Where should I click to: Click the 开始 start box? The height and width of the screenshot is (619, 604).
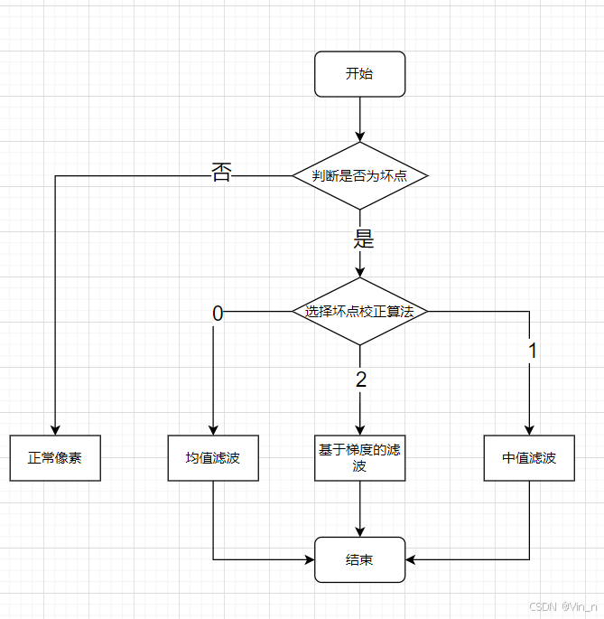(359, 74)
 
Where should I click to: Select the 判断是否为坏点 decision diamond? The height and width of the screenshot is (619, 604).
(359, 176)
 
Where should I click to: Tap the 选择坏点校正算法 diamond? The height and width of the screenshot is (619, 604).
(359, 312)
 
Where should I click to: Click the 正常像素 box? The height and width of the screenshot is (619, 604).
(55, 458)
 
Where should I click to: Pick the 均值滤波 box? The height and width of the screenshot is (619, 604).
(213, 458)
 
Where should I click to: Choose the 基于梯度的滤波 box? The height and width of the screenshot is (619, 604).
(359, 458)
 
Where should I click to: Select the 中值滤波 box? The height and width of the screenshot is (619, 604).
(529, 458)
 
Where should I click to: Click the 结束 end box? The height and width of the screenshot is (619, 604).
(359, 559)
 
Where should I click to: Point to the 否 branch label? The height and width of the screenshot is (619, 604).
(221, 173)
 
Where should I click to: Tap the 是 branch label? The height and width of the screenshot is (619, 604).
(363, 239)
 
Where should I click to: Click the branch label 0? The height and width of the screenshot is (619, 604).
(217, 314)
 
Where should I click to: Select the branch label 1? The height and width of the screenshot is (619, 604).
(532, 352)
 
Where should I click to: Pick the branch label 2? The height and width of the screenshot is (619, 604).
(361, 380)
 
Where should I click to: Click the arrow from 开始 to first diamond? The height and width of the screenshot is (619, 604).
(359, 117)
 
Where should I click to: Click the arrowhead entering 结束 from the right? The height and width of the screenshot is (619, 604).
(412, 559)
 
